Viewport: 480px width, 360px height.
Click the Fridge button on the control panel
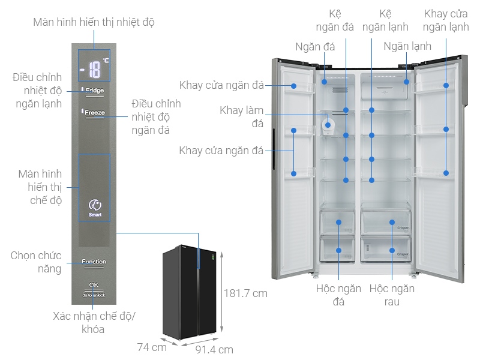point(94,91)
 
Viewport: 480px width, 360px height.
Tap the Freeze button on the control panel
point(94,112)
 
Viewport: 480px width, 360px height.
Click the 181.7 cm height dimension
point(245,293)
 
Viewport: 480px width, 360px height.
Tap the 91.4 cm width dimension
point(215,349)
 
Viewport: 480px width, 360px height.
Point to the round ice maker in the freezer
point(328,125)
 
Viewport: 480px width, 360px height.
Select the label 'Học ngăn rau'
point(392,295)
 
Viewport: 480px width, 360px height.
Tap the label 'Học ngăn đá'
point(338,295)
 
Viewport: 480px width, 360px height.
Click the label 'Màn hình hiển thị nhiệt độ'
point(94,22)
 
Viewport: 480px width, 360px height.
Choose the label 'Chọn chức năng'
point(36,262)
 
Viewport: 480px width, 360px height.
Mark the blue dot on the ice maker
point(346,137)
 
